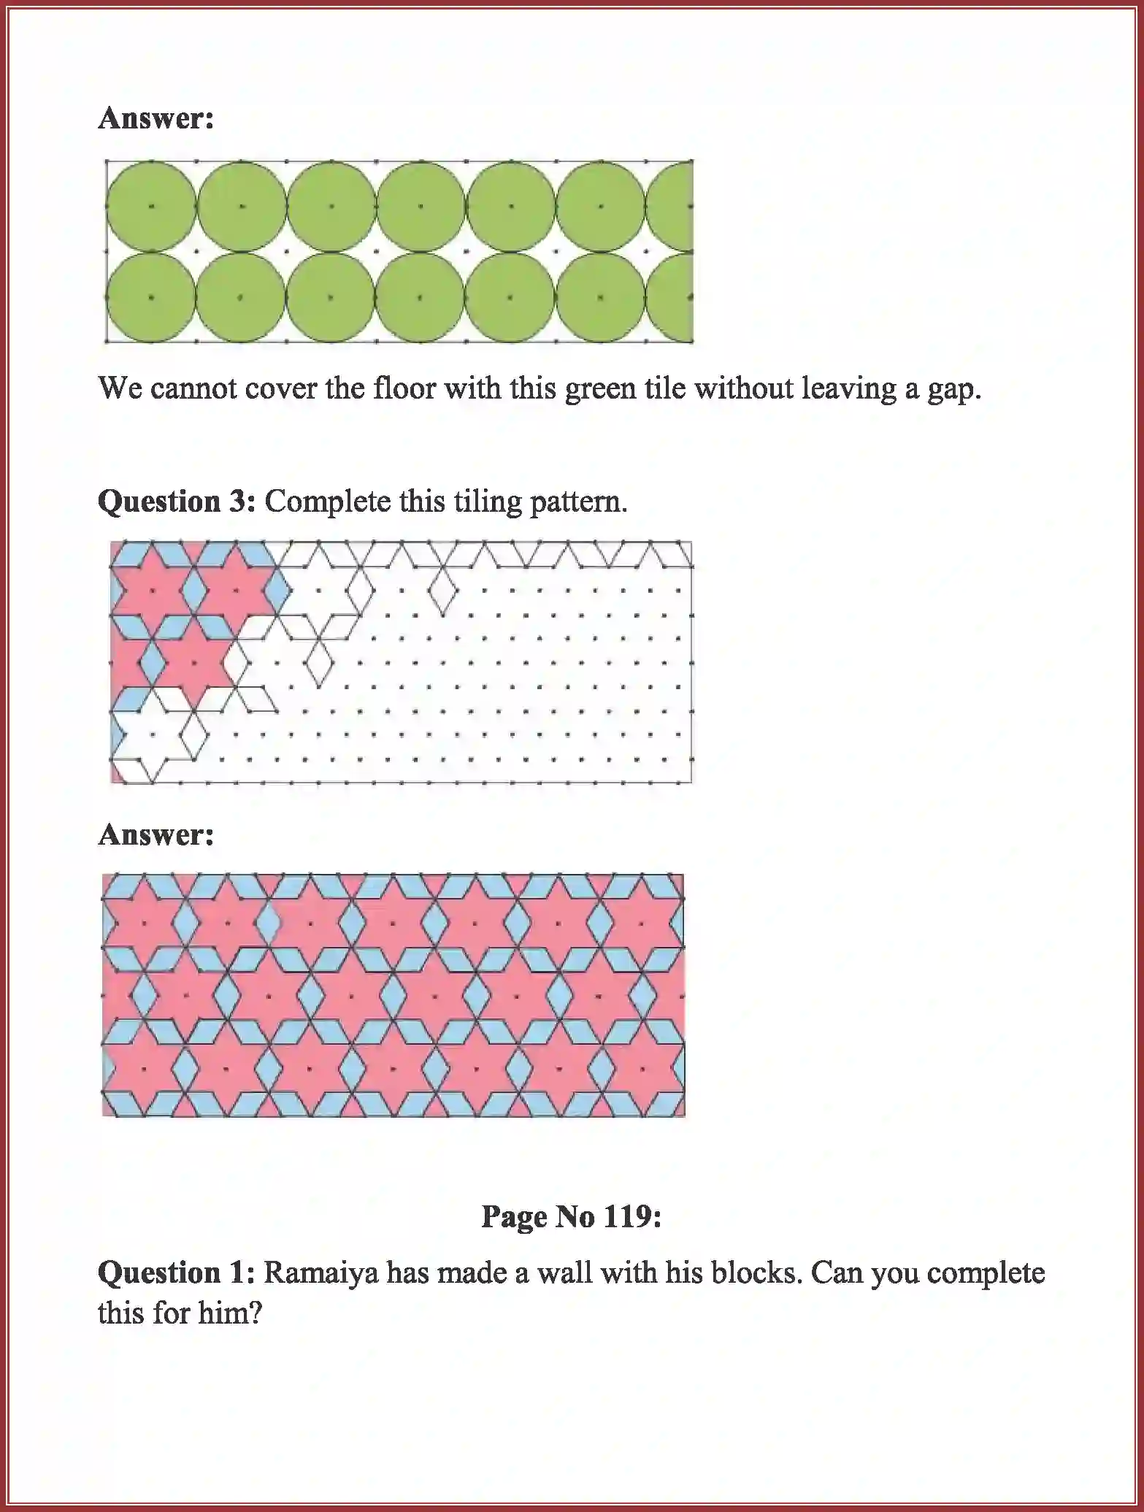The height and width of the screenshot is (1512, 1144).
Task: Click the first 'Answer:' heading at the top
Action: click(156, 118)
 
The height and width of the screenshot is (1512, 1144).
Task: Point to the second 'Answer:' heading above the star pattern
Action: click(156, 834)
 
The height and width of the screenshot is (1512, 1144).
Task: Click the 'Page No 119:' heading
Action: click(571, 1216)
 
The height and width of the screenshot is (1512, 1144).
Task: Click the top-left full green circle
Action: click(151, 207)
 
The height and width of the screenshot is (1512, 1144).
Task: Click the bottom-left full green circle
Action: click(151, 297)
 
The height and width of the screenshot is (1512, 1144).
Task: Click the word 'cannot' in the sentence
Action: click(193, 388)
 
